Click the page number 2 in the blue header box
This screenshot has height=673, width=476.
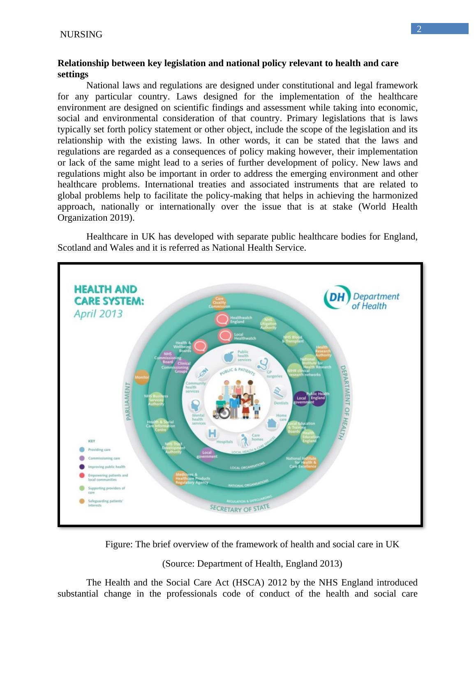click(419, 29)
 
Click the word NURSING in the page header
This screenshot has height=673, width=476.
click(81, 35)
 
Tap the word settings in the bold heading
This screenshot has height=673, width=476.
click(73, 74)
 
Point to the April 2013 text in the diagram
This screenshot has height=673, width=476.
click(98, 313)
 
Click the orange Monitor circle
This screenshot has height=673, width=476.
click(142, 377)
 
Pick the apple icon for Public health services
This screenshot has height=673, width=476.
click(227, 356)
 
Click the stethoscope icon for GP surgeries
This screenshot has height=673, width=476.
click(263, 364)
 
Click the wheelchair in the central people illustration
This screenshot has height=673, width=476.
click(222, 410)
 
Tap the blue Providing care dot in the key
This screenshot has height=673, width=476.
click(82, 449)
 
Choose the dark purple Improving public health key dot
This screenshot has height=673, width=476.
click(82, 467)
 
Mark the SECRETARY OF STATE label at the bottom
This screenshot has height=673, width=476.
click(240, 507)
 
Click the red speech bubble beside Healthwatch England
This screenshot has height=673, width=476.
click(222, 319)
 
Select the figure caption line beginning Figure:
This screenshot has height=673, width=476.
click(252, 544)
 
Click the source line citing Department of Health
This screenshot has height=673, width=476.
click(252, 563)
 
